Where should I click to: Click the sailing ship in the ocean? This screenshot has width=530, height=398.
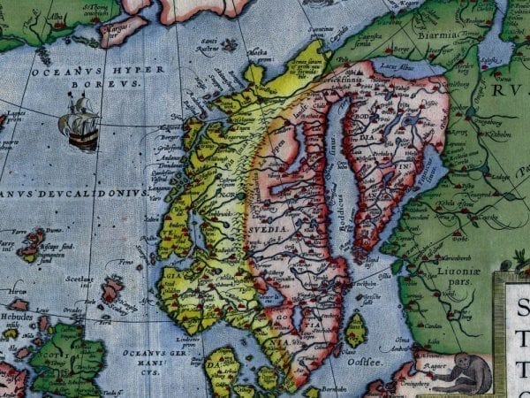[x=78, y=122]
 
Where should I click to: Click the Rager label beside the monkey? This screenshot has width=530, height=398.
[x=433, y=363]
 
